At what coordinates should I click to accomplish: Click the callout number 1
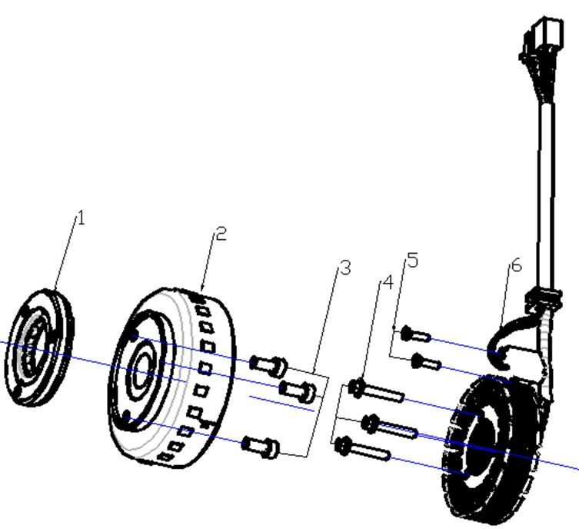coord(82,218)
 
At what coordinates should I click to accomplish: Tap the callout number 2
coord(221,234)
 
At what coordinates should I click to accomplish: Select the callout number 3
coord(345,268)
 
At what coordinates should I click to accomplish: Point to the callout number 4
coord(388,282)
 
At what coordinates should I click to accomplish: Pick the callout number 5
coord(413,261)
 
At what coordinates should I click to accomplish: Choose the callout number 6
coord(516,265)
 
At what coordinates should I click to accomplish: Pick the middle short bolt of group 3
coord(298,390)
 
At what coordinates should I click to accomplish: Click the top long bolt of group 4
coord(378,391)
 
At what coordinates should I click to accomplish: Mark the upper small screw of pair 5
coord(416,333)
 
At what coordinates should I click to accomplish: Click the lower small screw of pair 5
coord(425,361)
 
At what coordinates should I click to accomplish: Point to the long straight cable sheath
coord(547,192)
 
